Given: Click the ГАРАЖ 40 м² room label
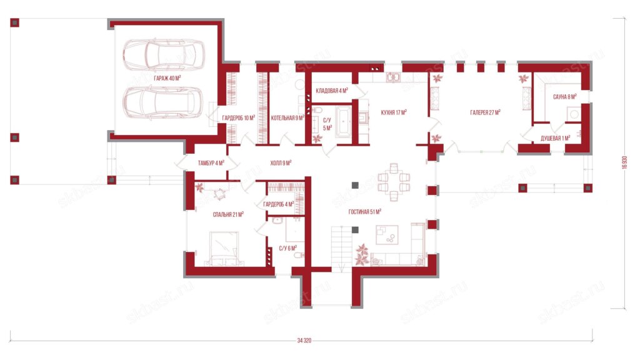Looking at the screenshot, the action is [167, 78].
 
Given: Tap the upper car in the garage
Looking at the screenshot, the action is [164, 55].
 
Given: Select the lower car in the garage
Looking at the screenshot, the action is [164, 102].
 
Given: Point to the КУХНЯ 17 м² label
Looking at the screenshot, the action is [394, 112].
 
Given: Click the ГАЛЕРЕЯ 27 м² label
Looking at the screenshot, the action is [485, 112].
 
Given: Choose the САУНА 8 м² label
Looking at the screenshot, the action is [564, 97].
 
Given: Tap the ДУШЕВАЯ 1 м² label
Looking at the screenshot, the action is [555, 138].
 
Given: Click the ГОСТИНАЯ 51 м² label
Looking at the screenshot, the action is [365, 212].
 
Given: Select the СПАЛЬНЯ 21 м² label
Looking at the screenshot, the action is [228, 214].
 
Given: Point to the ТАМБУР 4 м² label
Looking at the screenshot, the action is [211, 163].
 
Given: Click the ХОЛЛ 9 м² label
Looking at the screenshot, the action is [281, 163].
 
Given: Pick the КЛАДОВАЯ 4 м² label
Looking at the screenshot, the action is [332, 91].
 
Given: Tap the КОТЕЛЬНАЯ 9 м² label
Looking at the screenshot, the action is [287, 118].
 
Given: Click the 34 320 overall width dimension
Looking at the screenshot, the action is [304, 340].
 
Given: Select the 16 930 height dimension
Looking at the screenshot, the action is [624, 162].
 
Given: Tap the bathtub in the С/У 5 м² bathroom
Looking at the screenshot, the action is [344, 121].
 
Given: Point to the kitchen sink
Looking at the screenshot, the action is [393, 77].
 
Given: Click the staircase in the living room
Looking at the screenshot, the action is [342, 249].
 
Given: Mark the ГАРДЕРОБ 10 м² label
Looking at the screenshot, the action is [238, 118].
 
